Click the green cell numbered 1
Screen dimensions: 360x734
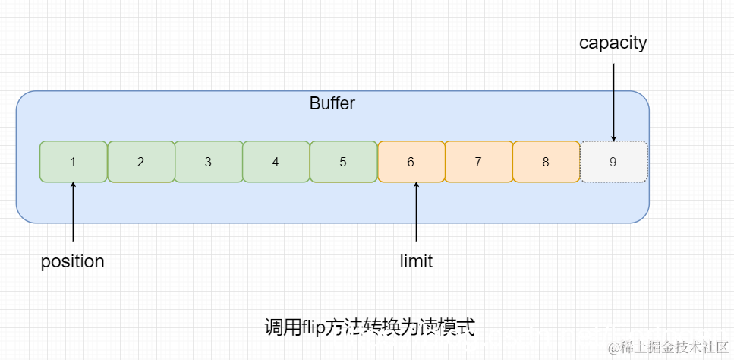click(x=73, y=162)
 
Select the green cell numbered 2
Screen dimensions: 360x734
click(x=140, y=162)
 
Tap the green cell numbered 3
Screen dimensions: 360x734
click(x=208, y=162)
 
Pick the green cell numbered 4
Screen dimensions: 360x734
click(x=276, y=162)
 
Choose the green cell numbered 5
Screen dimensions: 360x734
click(x=343, y=162)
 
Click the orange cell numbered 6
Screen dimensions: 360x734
click(x=411, y=162)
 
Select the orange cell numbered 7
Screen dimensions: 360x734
click(x=477, y=162)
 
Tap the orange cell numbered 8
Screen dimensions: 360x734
click(x=545, y=162)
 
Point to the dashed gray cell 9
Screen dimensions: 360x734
click(x=613, y=162)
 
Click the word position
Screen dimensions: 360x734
click(x=72, y=261)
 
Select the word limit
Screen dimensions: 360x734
click(x=416, y=261)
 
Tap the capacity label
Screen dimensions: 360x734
click(x=613, y=43)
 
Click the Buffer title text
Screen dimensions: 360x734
click(x=332, y=103)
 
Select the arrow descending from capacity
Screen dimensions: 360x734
click(x=613, y=99)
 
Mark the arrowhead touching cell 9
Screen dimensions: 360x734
click(x=613, y=137)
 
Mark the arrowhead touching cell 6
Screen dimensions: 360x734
click(x=416, y=186)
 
